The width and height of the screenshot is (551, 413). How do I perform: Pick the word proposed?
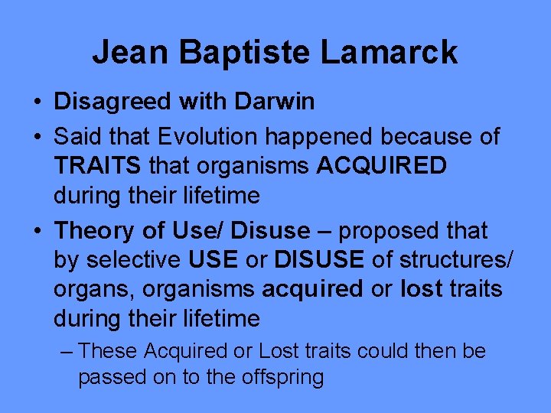point(387,230)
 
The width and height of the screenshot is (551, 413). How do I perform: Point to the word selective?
point(132,260)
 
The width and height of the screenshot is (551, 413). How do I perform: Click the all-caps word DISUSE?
point(319,260)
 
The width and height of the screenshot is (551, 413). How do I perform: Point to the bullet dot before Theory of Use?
point(37,231)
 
